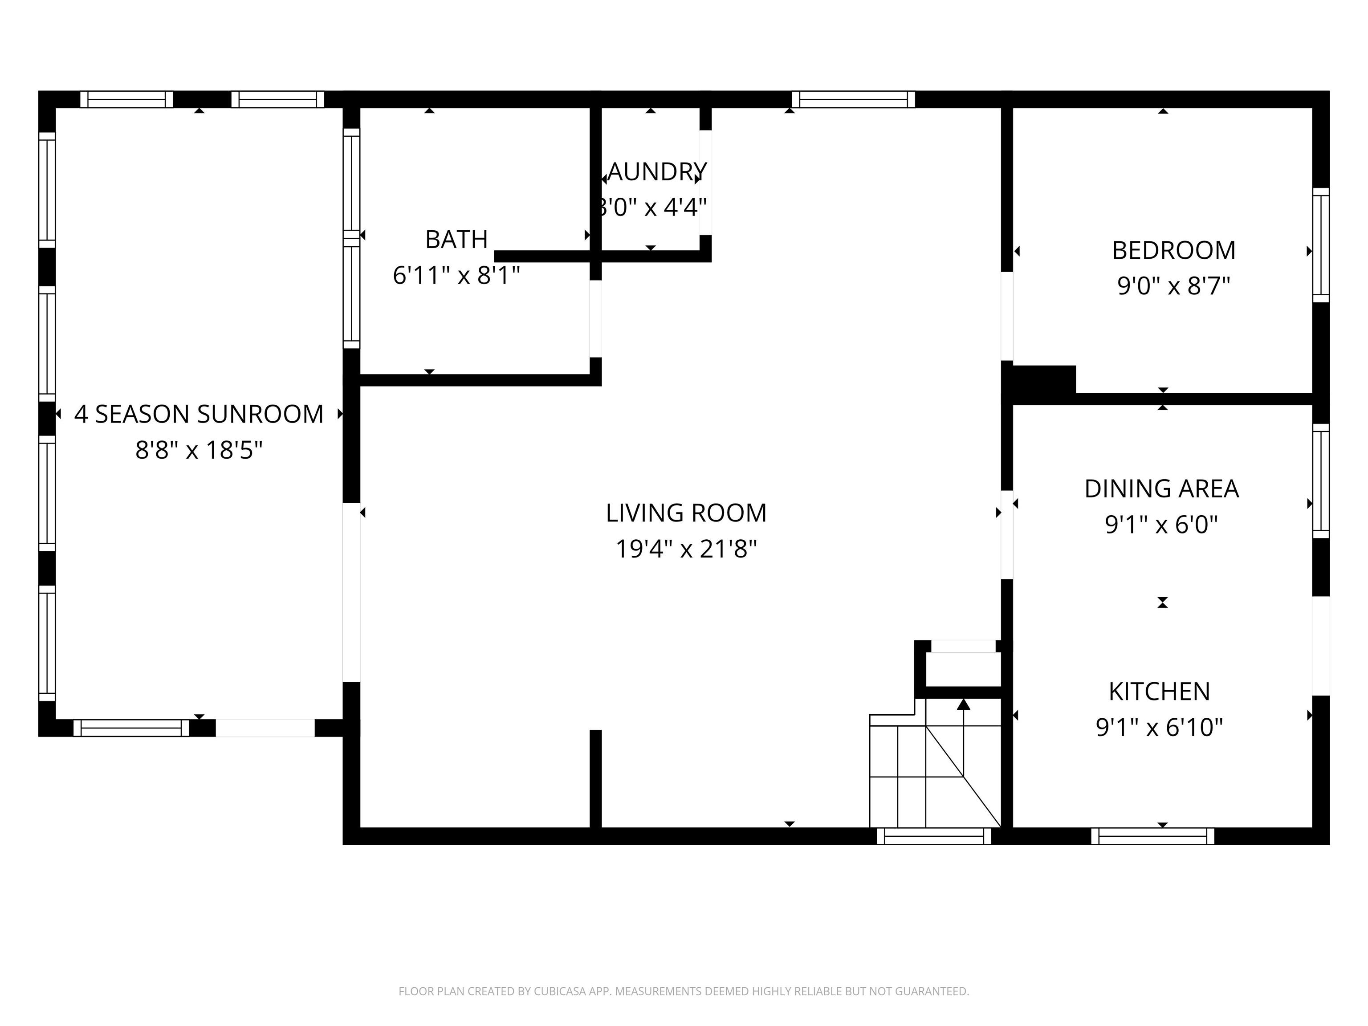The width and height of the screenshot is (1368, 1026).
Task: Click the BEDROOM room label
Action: point(1173,250)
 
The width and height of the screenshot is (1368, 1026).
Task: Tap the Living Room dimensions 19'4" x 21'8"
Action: point(686,549)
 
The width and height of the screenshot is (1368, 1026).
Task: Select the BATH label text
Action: point(456,239)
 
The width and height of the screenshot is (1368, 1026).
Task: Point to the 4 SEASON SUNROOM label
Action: point(199,414)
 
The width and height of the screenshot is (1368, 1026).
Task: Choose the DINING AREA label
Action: point(1161,489)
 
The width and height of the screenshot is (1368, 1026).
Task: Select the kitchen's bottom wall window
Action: point(1152,836)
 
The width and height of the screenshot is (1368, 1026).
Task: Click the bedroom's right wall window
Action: point(1320,245)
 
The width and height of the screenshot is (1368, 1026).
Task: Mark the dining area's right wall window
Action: point(1320,481)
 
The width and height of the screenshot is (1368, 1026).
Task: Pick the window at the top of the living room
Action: point(853,100)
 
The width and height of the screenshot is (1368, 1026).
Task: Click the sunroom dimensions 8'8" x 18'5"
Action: point(199,450)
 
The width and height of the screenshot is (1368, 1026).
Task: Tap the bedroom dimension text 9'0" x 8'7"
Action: point(1173,286)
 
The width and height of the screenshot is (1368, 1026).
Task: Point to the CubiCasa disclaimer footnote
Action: point(684,991)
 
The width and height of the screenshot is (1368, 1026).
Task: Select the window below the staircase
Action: point(934,836)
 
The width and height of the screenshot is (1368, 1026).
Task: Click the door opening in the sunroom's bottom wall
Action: point(265,728)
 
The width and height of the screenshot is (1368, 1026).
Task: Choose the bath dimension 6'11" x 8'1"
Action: point(456,275)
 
